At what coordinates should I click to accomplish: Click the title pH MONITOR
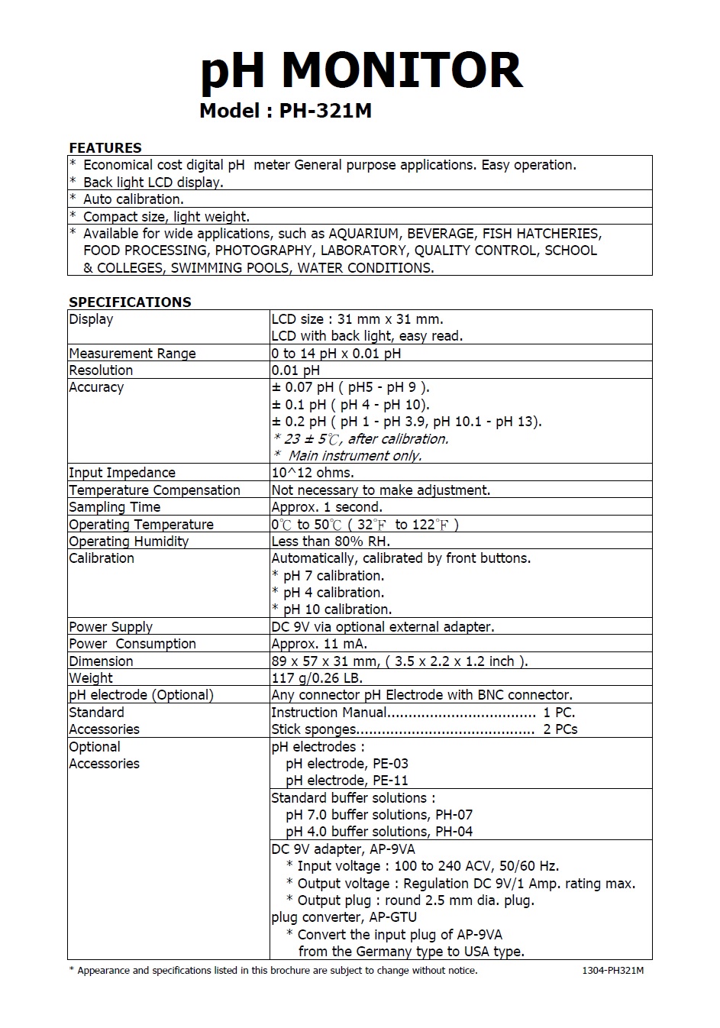pos(361,71)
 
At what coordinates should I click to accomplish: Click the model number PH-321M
pos(325,112)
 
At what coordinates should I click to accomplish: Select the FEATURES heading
pos(105,147)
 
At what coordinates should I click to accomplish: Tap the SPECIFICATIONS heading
pos(130,302)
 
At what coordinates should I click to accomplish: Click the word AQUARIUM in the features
pos(363,234)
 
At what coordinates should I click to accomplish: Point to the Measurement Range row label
pos(132,354)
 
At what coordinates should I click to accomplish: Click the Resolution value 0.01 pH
pos(295,370)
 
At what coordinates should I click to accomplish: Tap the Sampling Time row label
pos(115,507)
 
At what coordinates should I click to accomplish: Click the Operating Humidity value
pos(331,541)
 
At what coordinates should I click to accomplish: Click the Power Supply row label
pos(111,627)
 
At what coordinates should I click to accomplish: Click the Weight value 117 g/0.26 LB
pos(317,678)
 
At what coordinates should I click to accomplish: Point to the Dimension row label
pos(101,661)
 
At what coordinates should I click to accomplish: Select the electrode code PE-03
pos(390,764)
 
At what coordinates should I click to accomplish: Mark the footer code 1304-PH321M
pos(612,971)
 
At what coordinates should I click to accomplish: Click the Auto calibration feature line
pos(133,199)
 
